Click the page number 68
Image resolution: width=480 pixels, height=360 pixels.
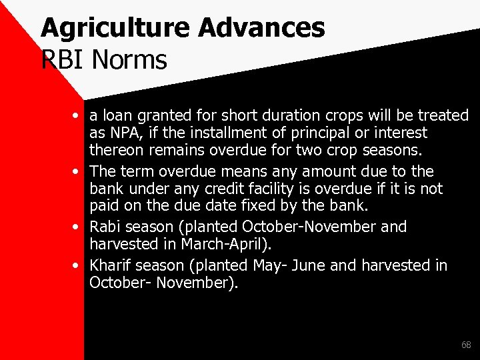(465, 345)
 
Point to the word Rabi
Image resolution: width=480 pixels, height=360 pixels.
(105, 227)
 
